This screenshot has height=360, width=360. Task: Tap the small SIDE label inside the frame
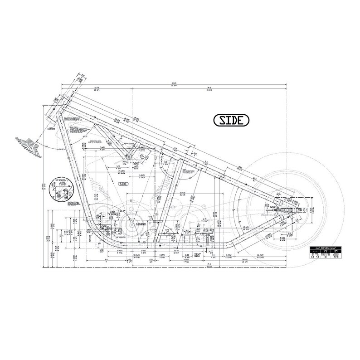[124, 184]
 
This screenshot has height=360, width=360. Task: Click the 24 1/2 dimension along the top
[209, 90]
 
